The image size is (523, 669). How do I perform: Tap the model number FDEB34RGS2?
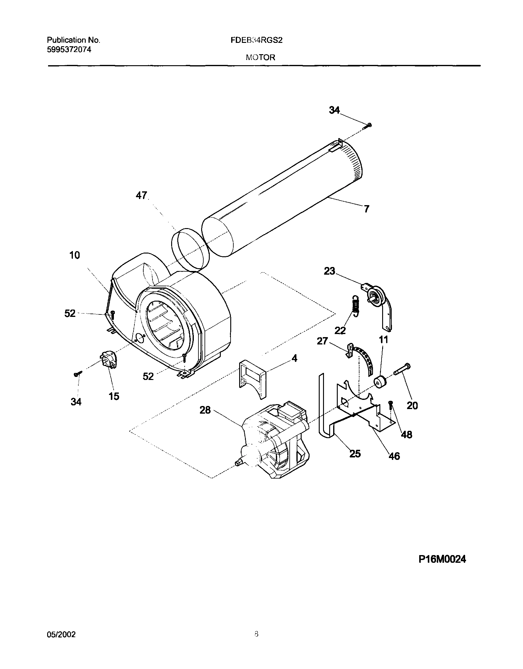(256, 40)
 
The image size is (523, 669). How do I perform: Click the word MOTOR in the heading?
(260, 57)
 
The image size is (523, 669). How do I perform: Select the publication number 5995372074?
(69, 50)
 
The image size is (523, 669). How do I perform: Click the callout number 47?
(141, 195)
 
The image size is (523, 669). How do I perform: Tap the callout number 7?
(367, 209)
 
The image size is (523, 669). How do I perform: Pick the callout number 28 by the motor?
(205, 410)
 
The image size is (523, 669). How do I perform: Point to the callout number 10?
(74, 255)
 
